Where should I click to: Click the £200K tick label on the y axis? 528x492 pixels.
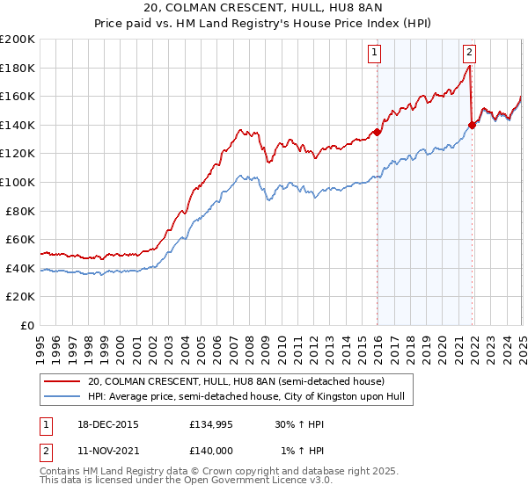point(18,40)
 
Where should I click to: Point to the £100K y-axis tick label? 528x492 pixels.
point(18,182)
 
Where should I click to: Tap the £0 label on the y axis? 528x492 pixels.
point(27,325)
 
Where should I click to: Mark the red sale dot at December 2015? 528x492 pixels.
point(377,133)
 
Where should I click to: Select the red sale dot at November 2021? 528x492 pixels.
point(473,125)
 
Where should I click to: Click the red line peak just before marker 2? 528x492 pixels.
point(470,66)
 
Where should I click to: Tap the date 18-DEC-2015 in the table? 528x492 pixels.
point(108,424)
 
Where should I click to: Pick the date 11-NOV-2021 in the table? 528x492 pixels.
point(108,452)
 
